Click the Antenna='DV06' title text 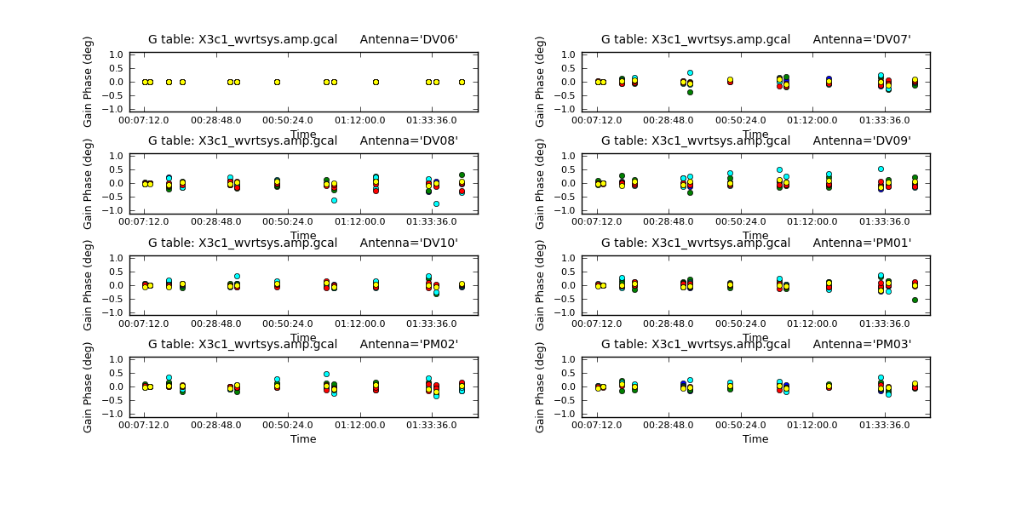(409, 39)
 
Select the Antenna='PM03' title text (862, 344)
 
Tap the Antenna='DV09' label (862, 140)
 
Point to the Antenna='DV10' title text (409, 243)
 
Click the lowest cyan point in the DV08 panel (436, 203)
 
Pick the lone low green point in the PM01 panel (915, 300)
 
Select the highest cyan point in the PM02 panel (326, 374)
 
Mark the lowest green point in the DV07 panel (690, 92)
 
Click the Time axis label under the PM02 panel (303, 439)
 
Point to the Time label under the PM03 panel (755, 439)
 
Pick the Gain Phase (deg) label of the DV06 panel (88, 82)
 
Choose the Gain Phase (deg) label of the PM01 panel (540, 285)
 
